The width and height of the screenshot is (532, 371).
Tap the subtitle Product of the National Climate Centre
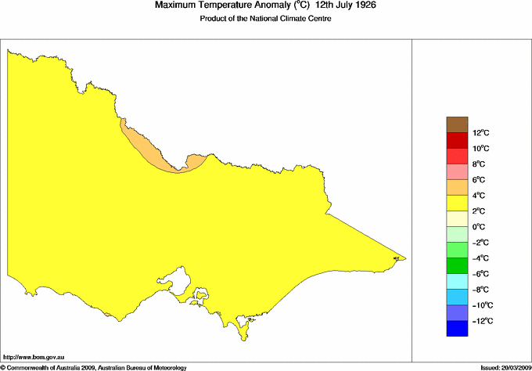pyautogui.click(x=267, y=20)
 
